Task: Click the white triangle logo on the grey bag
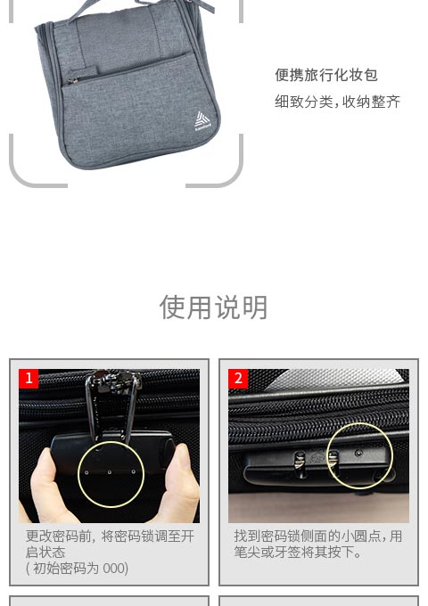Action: (202, 119)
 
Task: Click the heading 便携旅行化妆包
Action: (326, 75)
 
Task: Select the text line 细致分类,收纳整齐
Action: (338, 102)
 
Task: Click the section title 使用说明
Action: (214, 307)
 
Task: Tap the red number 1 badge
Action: (29, 379)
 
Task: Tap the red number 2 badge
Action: (238, 379)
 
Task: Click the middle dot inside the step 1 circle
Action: (110, 472)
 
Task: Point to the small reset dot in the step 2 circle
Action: (359, 453)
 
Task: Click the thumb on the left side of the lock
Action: (45, 487)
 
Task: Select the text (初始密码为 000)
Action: (77, 569)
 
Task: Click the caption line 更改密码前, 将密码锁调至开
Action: (110, 536)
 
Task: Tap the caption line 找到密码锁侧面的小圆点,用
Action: (318, 536)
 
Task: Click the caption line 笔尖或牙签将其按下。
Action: (298, 552)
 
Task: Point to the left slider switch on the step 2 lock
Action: (300, 464)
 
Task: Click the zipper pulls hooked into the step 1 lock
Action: (112, 405)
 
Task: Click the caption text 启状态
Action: (45, 552)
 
